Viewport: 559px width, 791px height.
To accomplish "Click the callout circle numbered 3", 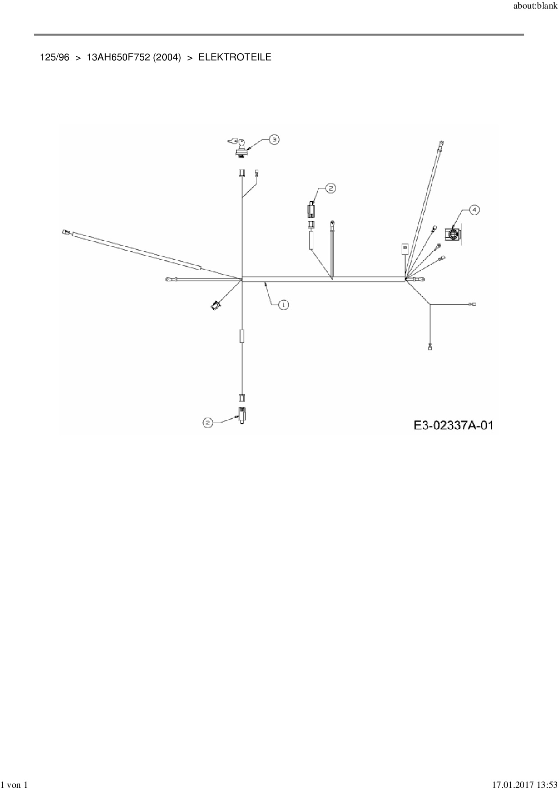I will coord(274,139).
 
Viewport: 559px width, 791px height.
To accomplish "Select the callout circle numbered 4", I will coord(474,209).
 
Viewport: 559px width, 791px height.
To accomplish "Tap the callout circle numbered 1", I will coord(283,305).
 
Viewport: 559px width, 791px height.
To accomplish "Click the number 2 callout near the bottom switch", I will coord(207,423).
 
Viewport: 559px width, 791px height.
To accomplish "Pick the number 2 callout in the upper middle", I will coord(330,188).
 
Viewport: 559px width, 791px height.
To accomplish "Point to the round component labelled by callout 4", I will coord(453,234).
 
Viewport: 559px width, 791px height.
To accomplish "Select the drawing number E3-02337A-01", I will coord(453,425).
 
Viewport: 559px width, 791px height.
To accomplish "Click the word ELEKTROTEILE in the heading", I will coord(235,57).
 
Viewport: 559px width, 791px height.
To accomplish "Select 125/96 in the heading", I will coord(55,57).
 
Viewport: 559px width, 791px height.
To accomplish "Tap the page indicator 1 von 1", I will coord(15,786).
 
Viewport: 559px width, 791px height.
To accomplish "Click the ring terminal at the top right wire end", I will coord(441,143).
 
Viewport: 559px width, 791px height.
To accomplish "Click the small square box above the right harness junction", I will coord(404,248).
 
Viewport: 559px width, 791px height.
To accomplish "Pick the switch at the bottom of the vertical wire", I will coord(243,414).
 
